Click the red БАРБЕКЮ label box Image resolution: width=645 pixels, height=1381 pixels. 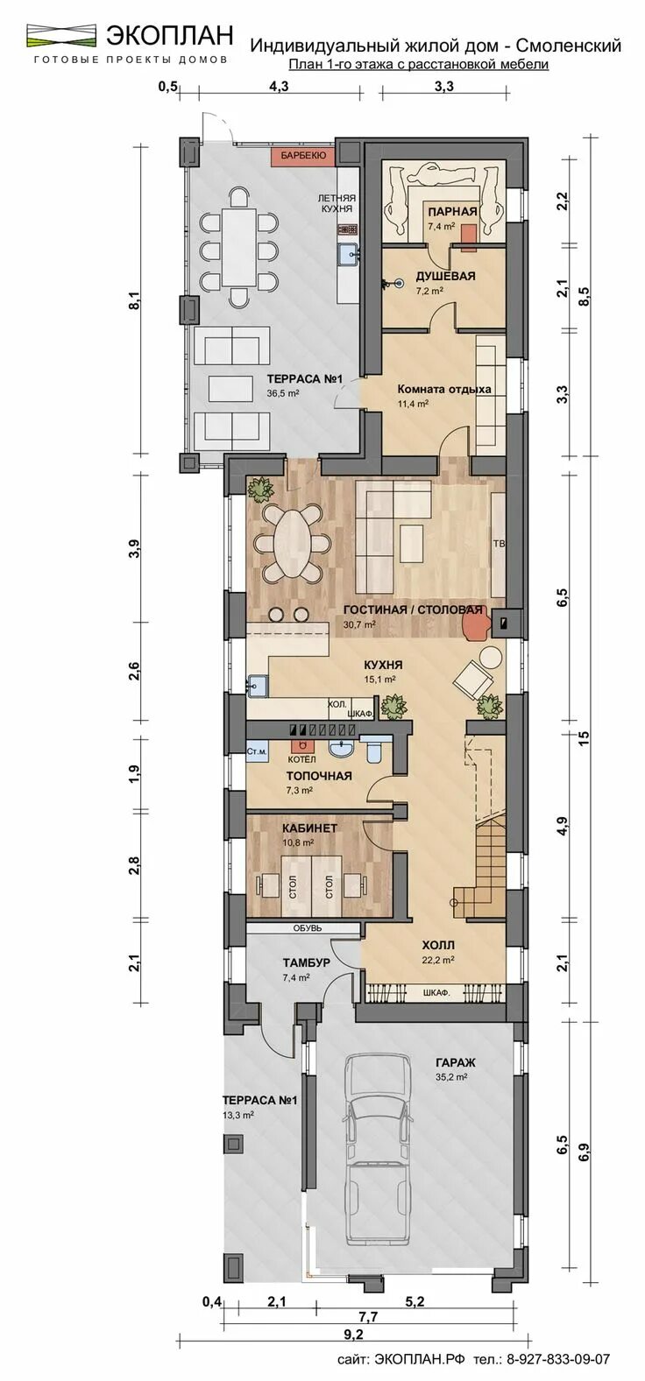tap(302, 155)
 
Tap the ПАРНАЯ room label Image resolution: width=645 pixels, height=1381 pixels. tap(451, 211)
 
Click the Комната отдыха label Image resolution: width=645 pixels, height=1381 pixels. tap(443, 389)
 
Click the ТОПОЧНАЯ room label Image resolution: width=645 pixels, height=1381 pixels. tap(319, 775)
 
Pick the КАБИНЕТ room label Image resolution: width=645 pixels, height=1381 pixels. tap(309, 827)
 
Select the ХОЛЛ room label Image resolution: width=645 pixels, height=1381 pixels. tap(437, 945)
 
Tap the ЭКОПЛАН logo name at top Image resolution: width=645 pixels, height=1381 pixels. tap(170, 35)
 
